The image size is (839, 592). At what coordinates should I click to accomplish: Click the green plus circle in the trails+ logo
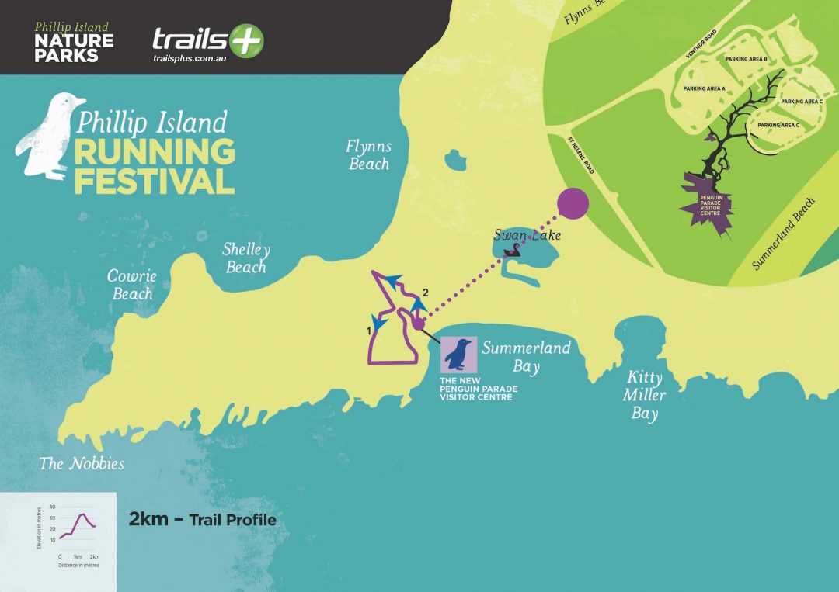246,40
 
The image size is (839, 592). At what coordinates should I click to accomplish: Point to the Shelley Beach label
245,258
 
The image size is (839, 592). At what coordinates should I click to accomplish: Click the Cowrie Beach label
132,285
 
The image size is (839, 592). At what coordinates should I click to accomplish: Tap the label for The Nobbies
82,464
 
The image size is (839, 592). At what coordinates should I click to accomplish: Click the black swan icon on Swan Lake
513,250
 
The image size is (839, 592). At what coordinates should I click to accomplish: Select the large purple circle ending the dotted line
573,203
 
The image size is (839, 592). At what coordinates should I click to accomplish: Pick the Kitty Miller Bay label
644,395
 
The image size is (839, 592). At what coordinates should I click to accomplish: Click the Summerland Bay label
526,356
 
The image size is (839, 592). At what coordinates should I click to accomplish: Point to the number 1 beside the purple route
367,330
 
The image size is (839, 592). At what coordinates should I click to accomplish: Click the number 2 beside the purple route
425,292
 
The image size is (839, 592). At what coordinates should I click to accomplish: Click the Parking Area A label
704,88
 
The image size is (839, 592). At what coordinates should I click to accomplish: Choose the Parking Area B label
746,59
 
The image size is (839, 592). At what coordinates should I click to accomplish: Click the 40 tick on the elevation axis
52,507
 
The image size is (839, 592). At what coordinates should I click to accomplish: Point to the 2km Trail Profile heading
202,520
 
